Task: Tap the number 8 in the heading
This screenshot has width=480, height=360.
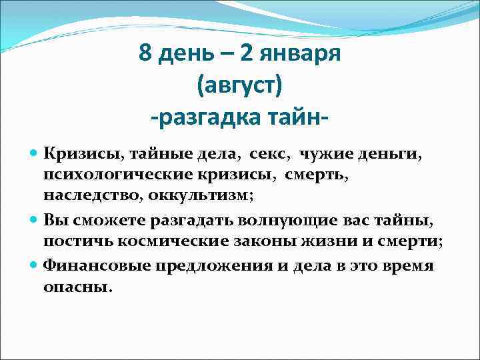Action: [145, 53]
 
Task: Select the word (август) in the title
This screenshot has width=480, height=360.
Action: [240, 86]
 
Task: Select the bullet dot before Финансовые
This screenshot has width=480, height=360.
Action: [35, 265]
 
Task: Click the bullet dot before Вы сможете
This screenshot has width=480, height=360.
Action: [35, 220]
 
